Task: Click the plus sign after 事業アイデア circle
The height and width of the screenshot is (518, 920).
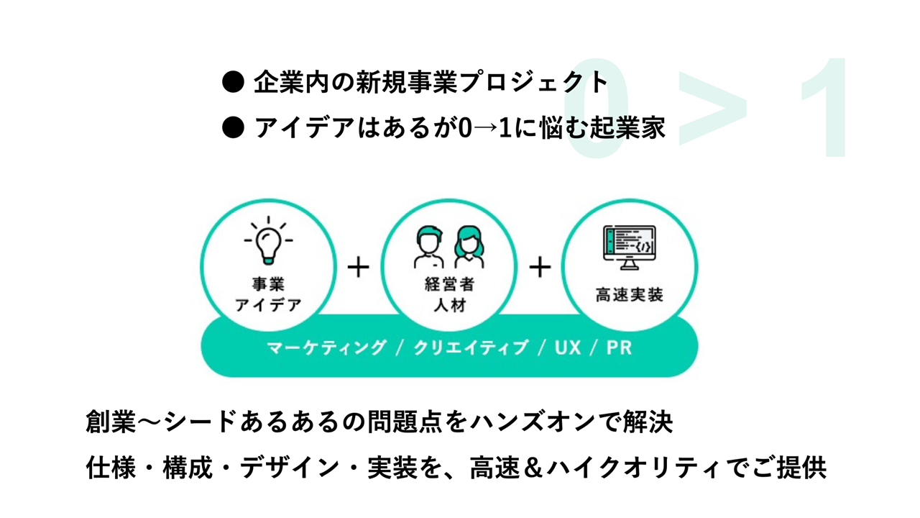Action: point(358,268)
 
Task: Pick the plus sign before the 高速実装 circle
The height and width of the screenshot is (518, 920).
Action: point(540,268)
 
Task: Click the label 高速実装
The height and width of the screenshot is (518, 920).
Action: point(629,295)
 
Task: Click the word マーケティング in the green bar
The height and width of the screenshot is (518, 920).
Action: point(326,347)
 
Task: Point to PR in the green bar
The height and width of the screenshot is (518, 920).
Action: point(619,347)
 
